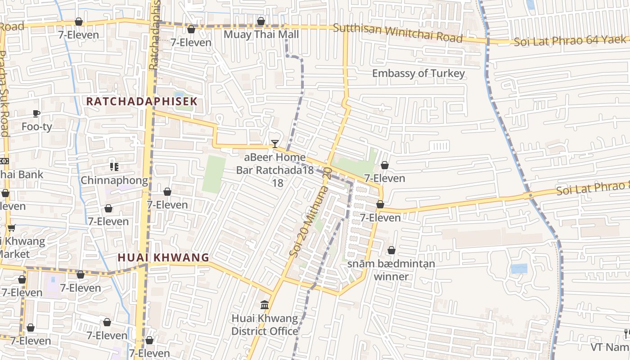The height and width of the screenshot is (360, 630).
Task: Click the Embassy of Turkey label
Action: coord(418,73)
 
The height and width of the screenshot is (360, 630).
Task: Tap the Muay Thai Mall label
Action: coord(261,35)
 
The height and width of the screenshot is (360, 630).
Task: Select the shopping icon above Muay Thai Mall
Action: coord(261,22)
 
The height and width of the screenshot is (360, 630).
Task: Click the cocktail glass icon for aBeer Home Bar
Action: coord(275,144)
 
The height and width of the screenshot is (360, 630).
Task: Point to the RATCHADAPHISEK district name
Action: coord(142,101)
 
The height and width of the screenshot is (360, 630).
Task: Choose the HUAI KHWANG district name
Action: coord(163,258)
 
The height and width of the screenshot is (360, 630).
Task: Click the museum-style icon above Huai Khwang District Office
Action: coord(265,305)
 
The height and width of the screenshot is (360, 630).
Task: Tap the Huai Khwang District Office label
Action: coord(265,325)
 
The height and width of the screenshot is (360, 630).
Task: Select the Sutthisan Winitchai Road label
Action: coord(398,33)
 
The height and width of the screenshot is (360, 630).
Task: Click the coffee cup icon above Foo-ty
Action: coord(36,114)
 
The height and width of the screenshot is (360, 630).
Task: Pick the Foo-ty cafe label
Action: coord(37,127)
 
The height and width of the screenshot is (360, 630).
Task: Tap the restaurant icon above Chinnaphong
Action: coord(114,167)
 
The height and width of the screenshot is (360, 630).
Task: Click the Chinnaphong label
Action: coord(114,180)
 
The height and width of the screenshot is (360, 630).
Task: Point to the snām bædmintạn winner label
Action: coord(391,270)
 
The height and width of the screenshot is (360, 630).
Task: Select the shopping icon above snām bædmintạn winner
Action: coord(391,250)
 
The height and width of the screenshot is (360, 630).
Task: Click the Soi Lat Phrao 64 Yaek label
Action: coord(570,41)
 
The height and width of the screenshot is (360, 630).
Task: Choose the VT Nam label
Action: coord(610,347)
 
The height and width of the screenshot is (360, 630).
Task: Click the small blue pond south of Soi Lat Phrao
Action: coord(519,269)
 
